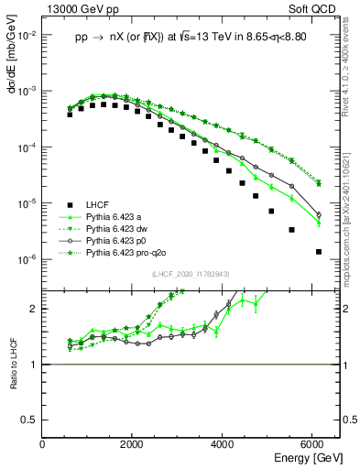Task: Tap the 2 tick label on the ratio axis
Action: click(35, 309)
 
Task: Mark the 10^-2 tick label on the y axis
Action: click(27, 36)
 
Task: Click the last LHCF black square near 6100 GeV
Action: click(318, 251)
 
